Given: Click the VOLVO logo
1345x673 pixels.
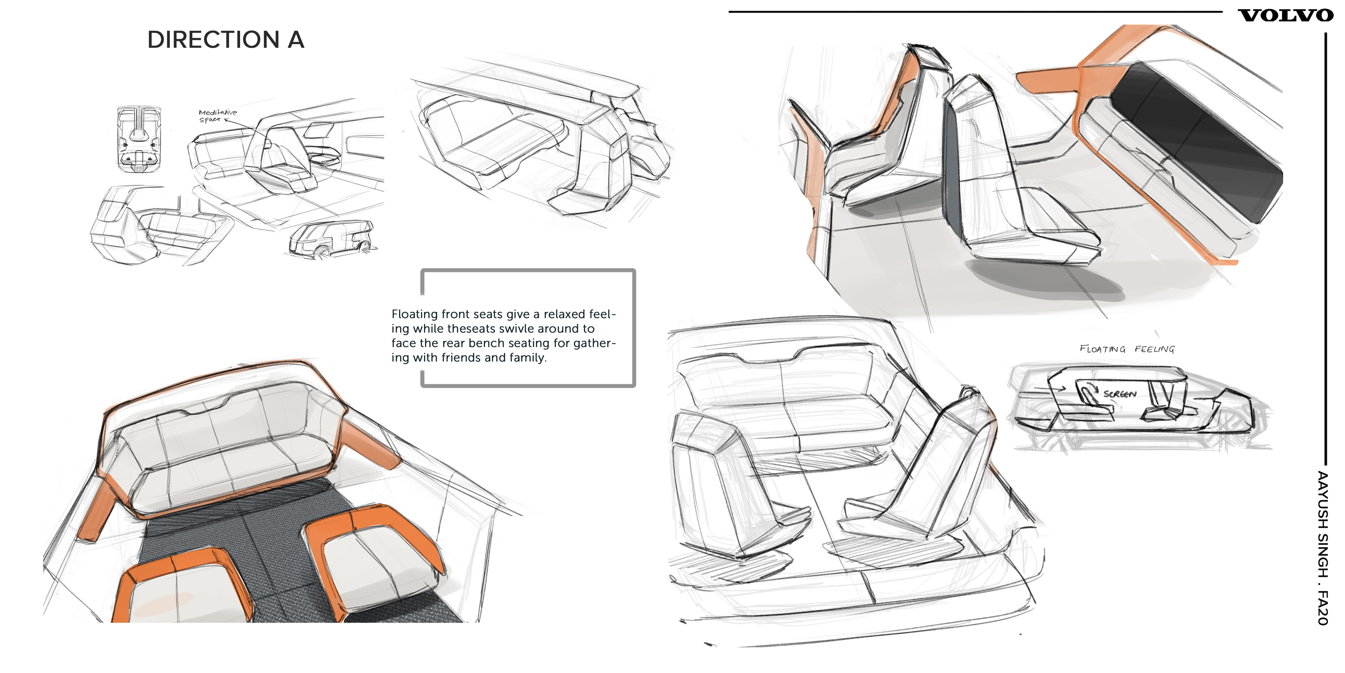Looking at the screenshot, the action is point(1285,16).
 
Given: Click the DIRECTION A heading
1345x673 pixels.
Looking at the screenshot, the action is point(226,40).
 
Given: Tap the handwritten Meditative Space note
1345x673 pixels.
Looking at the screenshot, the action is point(217,116).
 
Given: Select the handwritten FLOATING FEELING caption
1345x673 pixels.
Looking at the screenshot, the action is point(1127,349).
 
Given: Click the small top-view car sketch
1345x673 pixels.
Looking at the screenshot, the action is point(138,140).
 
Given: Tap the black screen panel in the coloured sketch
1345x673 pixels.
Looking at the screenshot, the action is point(1196,141).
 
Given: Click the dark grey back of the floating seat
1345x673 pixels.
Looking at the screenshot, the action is point(953,172).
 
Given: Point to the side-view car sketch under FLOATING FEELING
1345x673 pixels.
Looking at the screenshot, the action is point(1138,405).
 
